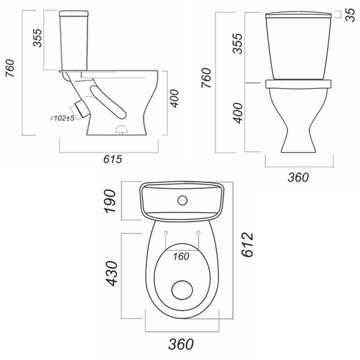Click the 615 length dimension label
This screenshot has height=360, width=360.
click(113, 159)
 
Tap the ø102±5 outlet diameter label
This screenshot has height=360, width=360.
click(62, 118)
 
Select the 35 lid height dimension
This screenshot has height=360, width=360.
click(350, 14)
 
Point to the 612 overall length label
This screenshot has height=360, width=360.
click(247, 244)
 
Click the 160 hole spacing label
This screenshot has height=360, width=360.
click(181, 256)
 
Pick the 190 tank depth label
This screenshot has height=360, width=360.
click(110, 201)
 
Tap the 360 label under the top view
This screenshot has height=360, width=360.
click(181, 344)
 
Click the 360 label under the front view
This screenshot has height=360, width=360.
click(298, 177)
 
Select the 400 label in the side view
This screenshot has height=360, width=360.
click(174, 98)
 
